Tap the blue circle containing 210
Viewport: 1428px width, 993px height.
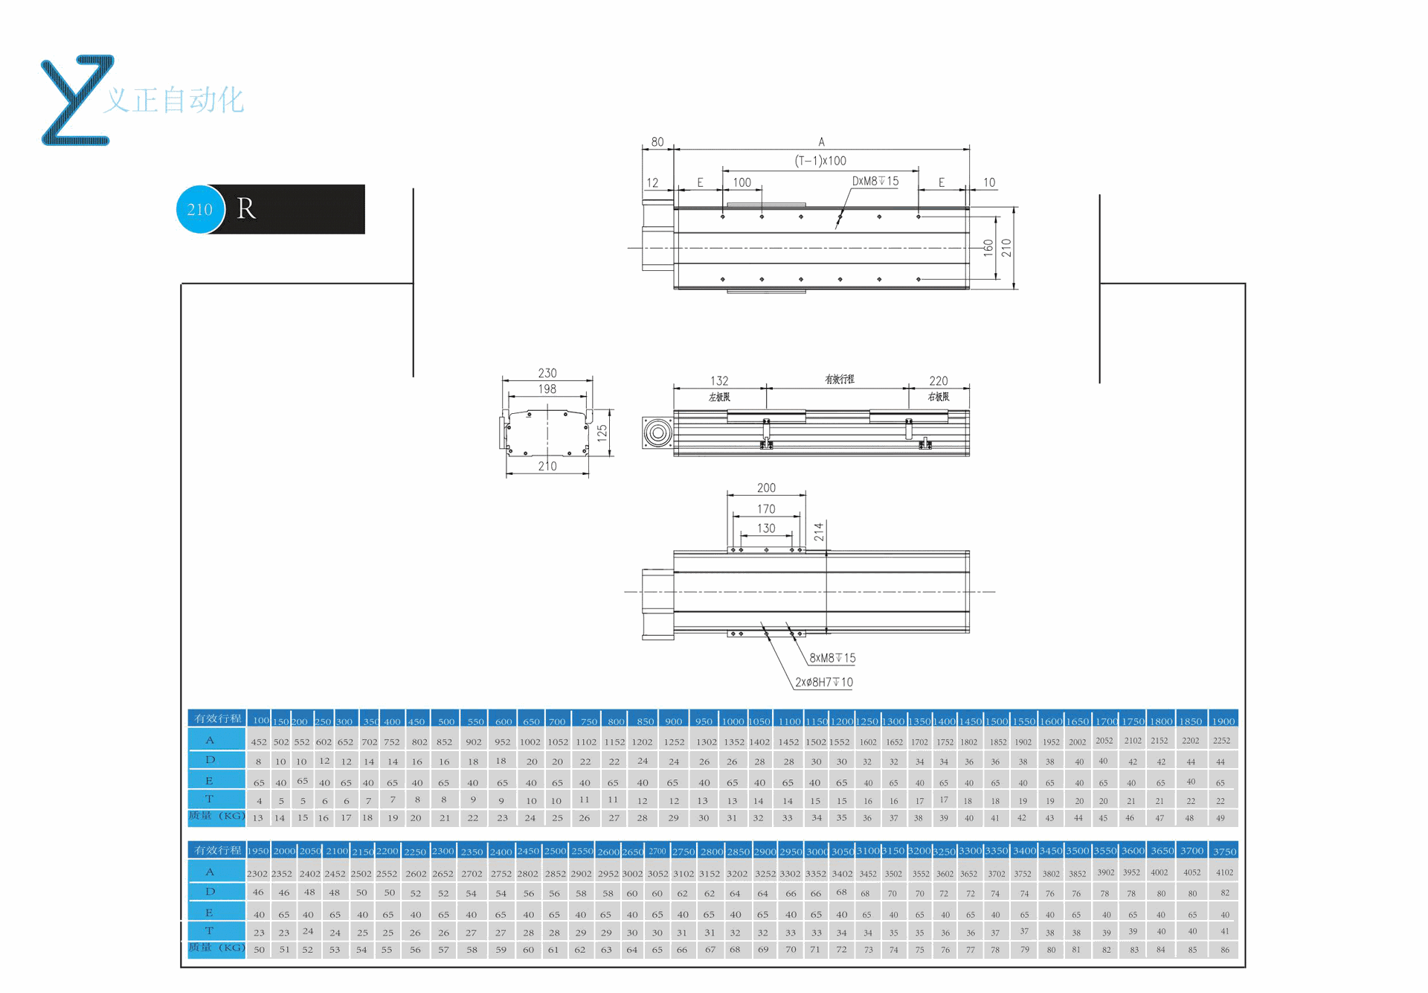(200, 209)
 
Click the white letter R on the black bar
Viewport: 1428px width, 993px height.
(246, 209)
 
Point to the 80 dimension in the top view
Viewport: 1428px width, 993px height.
(657, 141)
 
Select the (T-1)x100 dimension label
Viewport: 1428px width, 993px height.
(820, 161)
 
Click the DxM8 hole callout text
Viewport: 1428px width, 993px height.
(875, 181)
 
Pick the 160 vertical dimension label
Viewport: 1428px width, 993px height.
(988, 247)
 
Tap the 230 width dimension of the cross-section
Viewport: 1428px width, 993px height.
(547, 373)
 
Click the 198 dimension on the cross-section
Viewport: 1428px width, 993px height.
(547, 389)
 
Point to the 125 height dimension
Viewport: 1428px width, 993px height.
(602, 432)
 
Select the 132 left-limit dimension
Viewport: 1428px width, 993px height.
(719, 380)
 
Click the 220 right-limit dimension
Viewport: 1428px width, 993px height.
(939, 380)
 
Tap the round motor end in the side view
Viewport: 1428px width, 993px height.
(657, 432)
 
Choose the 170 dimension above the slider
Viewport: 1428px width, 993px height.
(766, 509)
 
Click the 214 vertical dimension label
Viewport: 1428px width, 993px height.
(819, 531)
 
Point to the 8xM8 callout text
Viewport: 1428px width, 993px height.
(832, 658)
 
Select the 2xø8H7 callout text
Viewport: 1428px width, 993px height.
(824, 682)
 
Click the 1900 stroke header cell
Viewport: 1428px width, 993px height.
(1223, 721)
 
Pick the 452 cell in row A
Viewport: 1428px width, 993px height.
(259, 741)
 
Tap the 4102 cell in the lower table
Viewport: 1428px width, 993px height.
(1224, 872)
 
